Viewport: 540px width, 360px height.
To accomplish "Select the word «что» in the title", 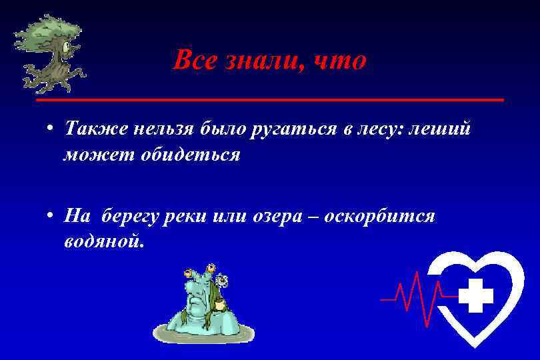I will click(339, 61).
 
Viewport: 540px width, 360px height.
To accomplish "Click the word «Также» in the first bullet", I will click(93, 129).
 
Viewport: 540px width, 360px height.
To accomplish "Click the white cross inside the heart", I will click(476, 296).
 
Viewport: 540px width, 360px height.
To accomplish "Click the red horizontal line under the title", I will click(269, 99).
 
